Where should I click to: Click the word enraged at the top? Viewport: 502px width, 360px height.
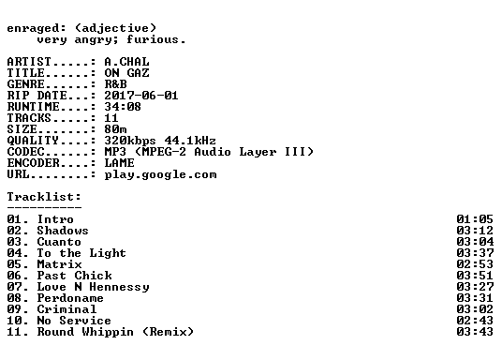(33, 29)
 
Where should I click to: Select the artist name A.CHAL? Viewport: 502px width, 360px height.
(126, 62)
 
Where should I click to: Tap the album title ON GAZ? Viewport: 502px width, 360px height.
(126, 73)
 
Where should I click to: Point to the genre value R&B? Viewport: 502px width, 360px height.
(115, 84)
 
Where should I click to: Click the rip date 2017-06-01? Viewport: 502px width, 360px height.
(141, 96)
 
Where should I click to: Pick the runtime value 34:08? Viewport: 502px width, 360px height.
(123, 107)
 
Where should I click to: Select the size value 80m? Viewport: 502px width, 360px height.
(115, 129)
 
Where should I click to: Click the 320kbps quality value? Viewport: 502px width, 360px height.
(130, 141)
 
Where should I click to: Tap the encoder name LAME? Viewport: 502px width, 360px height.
(120, 163)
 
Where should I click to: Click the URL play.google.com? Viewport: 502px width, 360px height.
(160, 175)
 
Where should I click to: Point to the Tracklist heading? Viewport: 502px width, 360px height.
(44, 197)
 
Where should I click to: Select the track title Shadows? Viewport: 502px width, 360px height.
(63, 231)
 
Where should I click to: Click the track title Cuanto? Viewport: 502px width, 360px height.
(59, 242)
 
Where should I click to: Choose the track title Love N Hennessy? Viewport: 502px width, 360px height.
(93, 287)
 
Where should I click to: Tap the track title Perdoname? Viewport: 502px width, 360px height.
(70, 298)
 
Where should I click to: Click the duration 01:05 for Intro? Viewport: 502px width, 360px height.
(475, 219)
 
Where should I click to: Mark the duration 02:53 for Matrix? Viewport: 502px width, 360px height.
(475, 264)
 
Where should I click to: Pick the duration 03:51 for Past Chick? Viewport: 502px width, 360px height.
(475, 276)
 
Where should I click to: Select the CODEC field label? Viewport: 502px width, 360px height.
(25, 152)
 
